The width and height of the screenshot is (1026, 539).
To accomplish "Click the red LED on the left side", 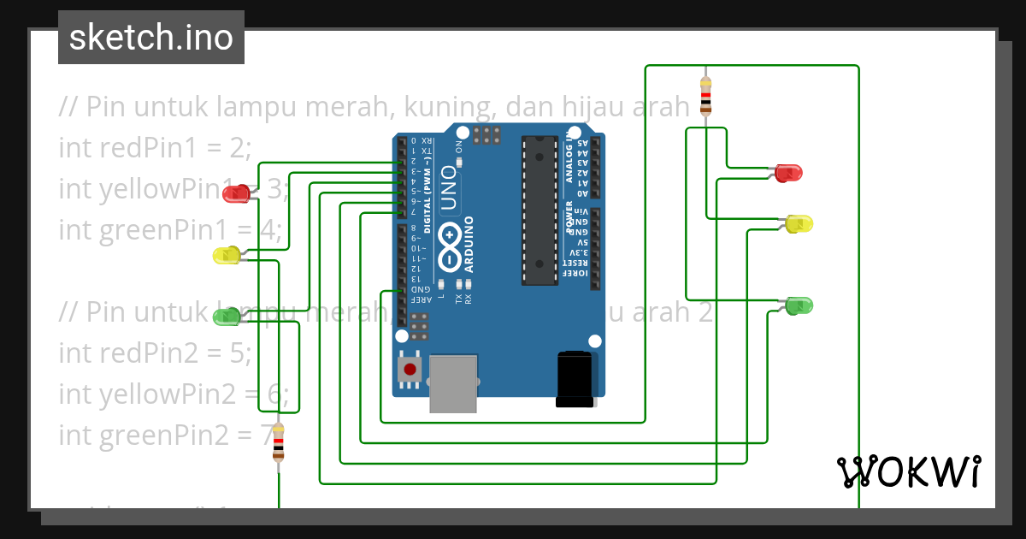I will (x=235, y=193).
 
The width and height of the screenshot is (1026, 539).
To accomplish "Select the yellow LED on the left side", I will (x=227, y=255).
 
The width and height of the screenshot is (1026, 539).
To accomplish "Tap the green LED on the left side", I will (x=227, y=317).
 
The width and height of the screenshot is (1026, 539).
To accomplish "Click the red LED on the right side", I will (x=789, y=173).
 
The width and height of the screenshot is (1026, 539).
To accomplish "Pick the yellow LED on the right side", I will (x=799, y=224).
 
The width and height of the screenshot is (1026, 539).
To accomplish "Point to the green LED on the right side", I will (x=799, y=305).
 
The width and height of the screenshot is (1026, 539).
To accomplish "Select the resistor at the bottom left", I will (x=278, y=443).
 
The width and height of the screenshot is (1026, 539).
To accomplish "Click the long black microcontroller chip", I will (x=540, y=210).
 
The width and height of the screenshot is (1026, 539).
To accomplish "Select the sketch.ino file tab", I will (x=151, y=38).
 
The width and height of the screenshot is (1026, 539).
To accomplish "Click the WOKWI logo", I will (x=908, y=471).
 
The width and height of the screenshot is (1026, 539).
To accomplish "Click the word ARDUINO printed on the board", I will (x=469, y=244).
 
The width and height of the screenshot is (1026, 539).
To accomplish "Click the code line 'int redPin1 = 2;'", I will (x=156, y=147).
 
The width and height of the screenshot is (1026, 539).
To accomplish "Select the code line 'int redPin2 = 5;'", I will (x=156, y=352).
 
